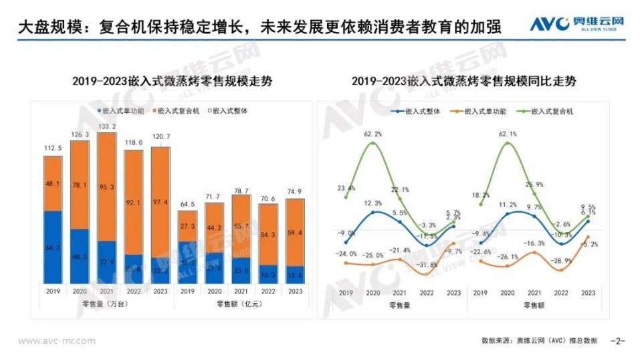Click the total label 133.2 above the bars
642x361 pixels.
[x=106, y=126]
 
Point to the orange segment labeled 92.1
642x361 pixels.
[x=134, y=203]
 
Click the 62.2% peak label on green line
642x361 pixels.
[x=373, y=134]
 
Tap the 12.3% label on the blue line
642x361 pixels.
[x=373, y=203]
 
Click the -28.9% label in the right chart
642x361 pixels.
[x=560, y=260]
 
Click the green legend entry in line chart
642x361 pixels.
[x=546, y=112]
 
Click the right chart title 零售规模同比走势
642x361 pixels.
[x=464, y=82]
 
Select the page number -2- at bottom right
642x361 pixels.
[x=618, y=341]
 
